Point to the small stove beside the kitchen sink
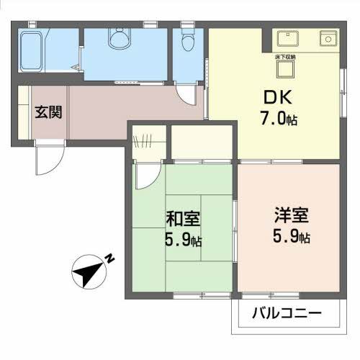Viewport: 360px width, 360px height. [327, 37]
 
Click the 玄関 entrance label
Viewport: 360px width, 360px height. [48, 112]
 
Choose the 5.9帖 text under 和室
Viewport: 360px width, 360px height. [182, 240]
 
